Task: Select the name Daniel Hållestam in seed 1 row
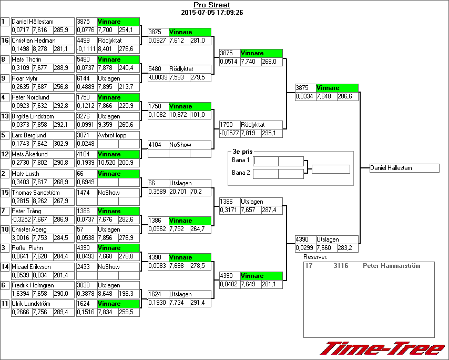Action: coord(33,22)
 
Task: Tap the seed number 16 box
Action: coord(5,41)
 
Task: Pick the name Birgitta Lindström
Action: coord(35,116)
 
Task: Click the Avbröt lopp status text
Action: coord(113,135)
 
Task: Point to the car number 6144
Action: coord(83,78)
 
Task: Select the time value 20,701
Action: coord(179,192)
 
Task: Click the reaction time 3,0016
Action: coord(21,239)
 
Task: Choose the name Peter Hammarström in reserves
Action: coord(391,266)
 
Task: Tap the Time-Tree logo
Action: coord(382,348)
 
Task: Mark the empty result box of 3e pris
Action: coord(330,169)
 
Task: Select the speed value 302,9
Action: coord(62,144)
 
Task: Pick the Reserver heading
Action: coord(315,257)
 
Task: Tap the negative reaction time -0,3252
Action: coord(21,220)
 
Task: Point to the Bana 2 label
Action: coord(240,173)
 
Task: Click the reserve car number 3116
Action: coord(341,266)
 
